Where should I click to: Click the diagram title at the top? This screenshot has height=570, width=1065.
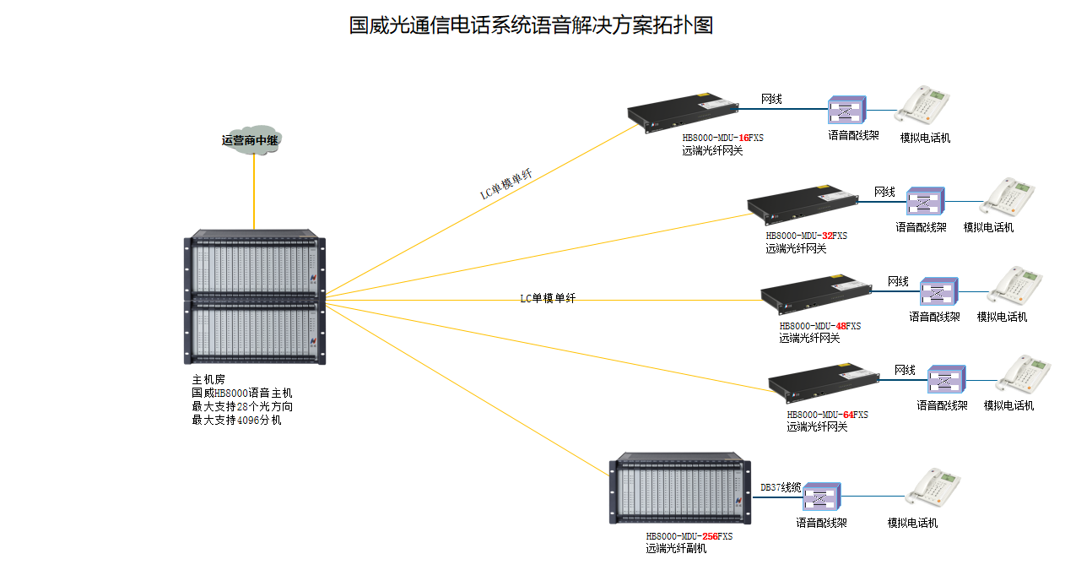(x=531, y=25)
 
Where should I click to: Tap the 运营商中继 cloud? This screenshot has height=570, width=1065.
(x=251, y=140)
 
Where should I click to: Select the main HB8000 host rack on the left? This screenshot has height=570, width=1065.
(x=254, y=296)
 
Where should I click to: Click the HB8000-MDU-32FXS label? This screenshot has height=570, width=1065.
(x=806, y=236)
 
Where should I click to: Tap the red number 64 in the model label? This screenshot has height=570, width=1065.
(x=849, y=415)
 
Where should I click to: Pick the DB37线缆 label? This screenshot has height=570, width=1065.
(x=780, y=487)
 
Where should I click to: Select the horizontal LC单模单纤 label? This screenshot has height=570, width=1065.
(x=547, y=298)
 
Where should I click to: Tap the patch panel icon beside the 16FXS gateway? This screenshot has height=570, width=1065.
(x=846, y=110)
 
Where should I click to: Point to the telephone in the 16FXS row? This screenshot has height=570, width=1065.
(x=923, y=106)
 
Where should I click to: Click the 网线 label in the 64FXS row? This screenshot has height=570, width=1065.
(x=905, y=370)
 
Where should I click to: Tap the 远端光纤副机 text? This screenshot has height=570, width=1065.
(x=676, y=549)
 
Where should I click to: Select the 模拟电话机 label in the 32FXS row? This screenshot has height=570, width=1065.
(x=988, y=227)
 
